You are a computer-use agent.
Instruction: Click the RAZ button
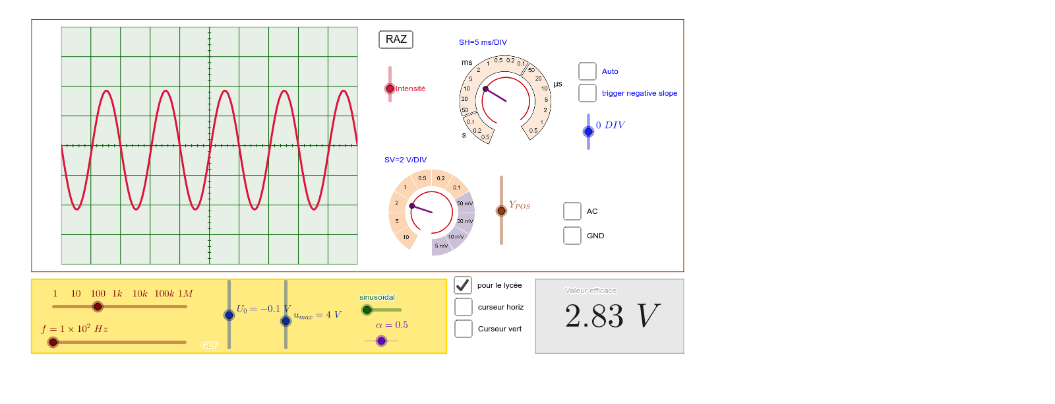pyautogui.click(x=396, y=40)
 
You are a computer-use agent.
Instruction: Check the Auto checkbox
pyautogui.click(x=588, y=71)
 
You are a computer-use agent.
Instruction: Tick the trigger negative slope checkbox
pyautogui.click(x=588, y=93)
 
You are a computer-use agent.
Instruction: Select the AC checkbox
pyautogui.click(x=572, y=211)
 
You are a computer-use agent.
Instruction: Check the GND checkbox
pyautogui.click(x=572, y=236)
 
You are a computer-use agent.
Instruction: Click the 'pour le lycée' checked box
pyautogui.click(x=463, y=285)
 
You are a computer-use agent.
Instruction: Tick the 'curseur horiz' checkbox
pyautogui.click(x=464, y=307)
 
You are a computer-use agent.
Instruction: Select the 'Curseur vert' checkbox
pyautogui.click(x=464, y=329)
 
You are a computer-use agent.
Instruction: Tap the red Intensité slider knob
pyautogui.click(x=390, y=88)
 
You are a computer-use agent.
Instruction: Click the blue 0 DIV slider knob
pyautogui.click(x=588, y=131)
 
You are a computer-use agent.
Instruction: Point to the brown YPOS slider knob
pyautogui.click(x=501, y=211)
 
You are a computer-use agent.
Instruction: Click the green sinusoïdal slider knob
pyautogui.click(x=367, y=310)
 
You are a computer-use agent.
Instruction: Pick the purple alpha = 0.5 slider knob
pyautogui.click(x=381, y=341)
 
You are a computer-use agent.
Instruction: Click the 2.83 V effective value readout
pyautogui.click(x=611, y=316)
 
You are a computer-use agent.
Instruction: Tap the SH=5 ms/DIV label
pyautogui.click(x=483, y=42)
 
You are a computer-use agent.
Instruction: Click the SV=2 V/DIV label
pyautogui.click(x=406, y=160)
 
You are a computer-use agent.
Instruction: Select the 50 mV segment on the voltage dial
pyautogui.click(x=465, y=203)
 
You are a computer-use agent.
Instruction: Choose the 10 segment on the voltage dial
pyautogui.click(x=406, y=237)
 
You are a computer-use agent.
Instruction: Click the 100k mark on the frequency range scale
pyautogui.click(x=163, y=294)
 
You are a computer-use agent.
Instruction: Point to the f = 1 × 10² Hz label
pyautogui.click(x=75, y=329)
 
